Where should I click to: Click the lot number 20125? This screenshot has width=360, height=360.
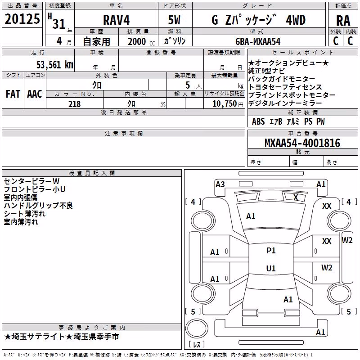tap(22, 19)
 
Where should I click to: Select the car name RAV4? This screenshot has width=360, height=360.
tap(116, 20)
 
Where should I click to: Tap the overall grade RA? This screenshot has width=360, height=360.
tap(343, 21)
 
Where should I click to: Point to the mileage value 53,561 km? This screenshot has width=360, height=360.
tap(55, 65)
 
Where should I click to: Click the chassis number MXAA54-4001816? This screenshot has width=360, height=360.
tap(302, 143)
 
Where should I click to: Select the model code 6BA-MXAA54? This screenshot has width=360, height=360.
tap(258, 41)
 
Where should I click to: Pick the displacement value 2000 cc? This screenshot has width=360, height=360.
tap(141, 41)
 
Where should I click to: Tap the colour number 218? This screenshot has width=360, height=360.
tap(75, 104)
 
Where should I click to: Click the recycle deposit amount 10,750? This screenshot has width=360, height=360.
tap(224, 104)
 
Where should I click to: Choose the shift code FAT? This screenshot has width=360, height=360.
tap(13, 94)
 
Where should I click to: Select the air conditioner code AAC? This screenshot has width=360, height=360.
tap(35, 94)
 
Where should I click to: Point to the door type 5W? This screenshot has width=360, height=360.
tap(174, 20)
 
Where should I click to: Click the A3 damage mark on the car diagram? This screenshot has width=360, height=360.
tap(220, 184)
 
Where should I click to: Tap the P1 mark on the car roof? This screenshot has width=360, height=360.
tap(271, 251)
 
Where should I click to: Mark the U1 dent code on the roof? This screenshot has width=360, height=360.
tap(271, 268)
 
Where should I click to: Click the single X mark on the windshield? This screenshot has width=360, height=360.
tap(296, 198)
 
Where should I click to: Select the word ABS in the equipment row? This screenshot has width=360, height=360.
tap(258, 121)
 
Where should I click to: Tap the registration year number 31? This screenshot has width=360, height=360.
tap(59, 24)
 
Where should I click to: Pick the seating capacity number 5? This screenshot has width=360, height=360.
tap(188, 85)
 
